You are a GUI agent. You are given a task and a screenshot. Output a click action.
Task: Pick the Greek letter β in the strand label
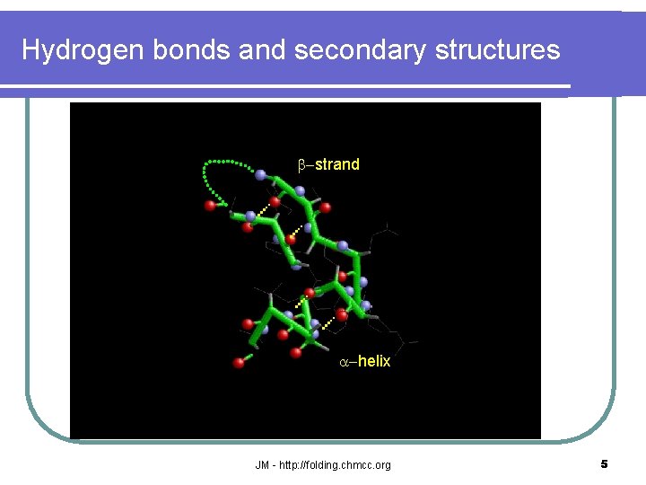tap(302, 164)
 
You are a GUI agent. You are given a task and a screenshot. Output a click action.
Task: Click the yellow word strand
tap(337, 164)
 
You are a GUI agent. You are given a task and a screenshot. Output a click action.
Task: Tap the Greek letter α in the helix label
tap(344, 361)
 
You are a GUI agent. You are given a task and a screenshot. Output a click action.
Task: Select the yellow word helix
tap(374, 361)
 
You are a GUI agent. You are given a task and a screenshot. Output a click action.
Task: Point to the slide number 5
tap(604, 464)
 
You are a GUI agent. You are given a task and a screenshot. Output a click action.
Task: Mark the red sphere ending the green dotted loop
tap(211, 206)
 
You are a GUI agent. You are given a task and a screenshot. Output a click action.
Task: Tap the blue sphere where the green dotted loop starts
tap(260, 174)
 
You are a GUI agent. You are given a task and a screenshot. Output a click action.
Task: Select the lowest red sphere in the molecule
tap(240, 363)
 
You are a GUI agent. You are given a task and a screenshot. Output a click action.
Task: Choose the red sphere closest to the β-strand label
tap(326, 207)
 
